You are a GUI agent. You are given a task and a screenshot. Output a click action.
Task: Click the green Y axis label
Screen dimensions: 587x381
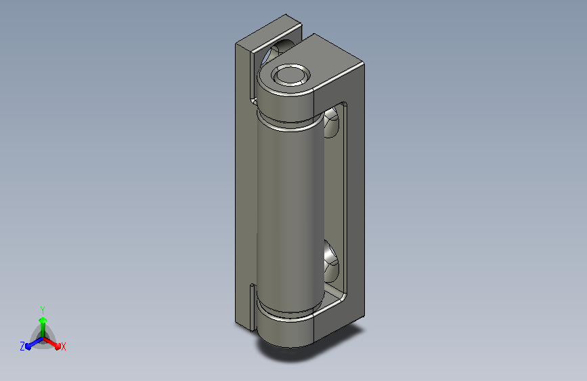coord(43,310)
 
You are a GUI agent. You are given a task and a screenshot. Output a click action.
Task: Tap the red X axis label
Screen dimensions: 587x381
coord(63,347)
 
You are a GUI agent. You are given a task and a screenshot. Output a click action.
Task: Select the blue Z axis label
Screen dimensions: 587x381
coord(22,346)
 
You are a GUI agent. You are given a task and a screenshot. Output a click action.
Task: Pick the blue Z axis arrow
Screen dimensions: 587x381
coord(35,343)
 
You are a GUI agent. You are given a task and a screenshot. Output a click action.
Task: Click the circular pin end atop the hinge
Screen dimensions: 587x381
coord(291,75)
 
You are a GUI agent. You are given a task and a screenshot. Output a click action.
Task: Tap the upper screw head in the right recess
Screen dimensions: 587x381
coord(331,122)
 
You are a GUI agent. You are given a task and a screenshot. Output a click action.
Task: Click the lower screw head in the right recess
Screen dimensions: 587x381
coord(331,262)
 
